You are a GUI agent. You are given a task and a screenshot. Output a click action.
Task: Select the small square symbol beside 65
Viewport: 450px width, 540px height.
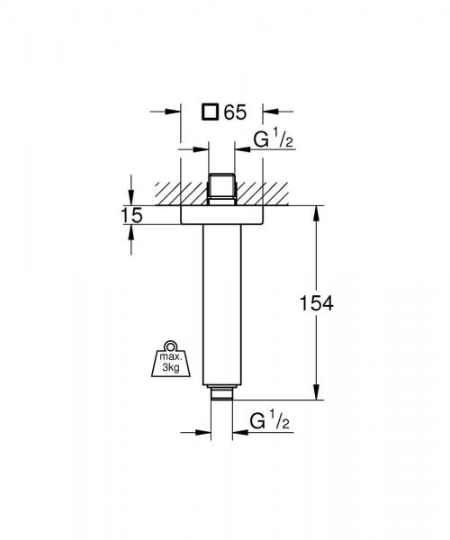tap(210, 112)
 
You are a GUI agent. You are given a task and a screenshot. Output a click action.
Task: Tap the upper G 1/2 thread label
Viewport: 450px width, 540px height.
tap(267, 141)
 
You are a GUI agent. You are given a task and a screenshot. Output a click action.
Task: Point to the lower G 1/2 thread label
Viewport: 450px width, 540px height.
tap(267, 420)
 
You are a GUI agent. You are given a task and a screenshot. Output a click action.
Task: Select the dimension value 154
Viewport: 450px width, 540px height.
tap(316, 303)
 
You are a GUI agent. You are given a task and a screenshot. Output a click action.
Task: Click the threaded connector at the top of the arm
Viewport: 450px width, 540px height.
tap(220, 188)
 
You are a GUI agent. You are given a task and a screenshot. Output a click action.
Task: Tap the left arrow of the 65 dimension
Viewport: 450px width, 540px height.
tap(174, 112)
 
